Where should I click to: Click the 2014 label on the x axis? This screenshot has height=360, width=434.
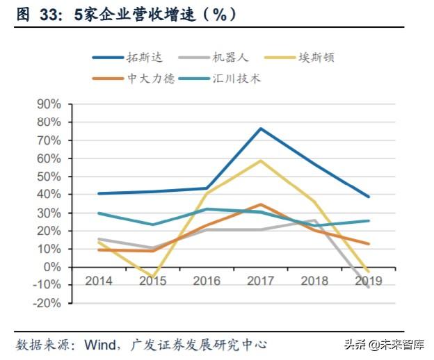coord(98,281)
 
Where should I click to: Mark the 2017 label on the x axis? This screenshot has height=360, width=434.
coord(260,281)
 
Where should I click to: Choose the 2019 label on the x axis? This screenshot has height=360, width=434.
coord(368,281)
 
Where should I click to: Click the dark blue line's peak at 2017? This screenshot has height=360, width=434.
coord(260,129)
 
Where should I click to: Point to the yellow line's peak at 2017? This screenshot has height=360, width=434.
coord(260,161)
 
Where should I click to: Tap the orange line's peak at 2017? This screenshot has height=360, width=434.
coord(260,204)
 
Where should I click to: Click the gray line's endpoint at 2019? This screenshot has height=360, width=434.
coord(368,287)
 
